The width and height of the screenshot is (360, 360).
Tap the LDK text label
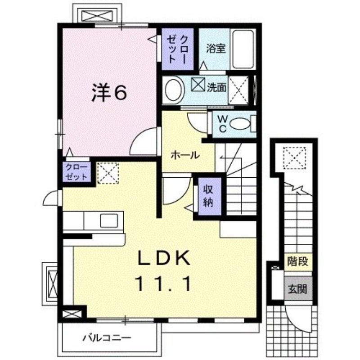click(x=164, y=258)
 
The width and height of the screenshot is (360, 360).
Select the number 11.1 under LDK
click(x=163, y=284)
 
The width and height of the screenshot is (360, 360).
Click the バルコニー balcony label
click(x=107, y=338)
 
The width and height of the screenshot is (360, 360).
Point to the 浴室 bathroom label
click(x=216, y=49)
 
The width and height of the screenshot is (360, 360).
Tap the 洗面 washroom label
click(x=217, y=87)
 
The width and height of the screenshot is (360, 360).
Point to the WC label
click(x=222, y=124)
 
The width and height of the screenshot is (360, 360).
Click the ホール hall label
click(x=185, y=156)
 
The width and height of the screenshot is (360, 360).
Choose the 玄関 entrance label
click(x=298, y=289)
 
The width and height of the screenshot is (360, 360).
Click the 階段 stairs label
click(x=298, y=261)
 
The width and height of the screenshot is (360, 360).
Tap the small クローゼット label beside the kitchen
click(x=76, y=172)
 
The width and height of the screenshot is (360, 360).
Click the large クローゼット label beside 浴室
click(x=177, y=49)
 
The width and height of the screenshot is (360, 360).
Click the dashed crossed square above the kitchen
click(x=108, y=173)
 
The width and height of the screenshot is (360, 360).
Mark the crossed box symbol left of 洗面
click(x=198, y=84)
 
